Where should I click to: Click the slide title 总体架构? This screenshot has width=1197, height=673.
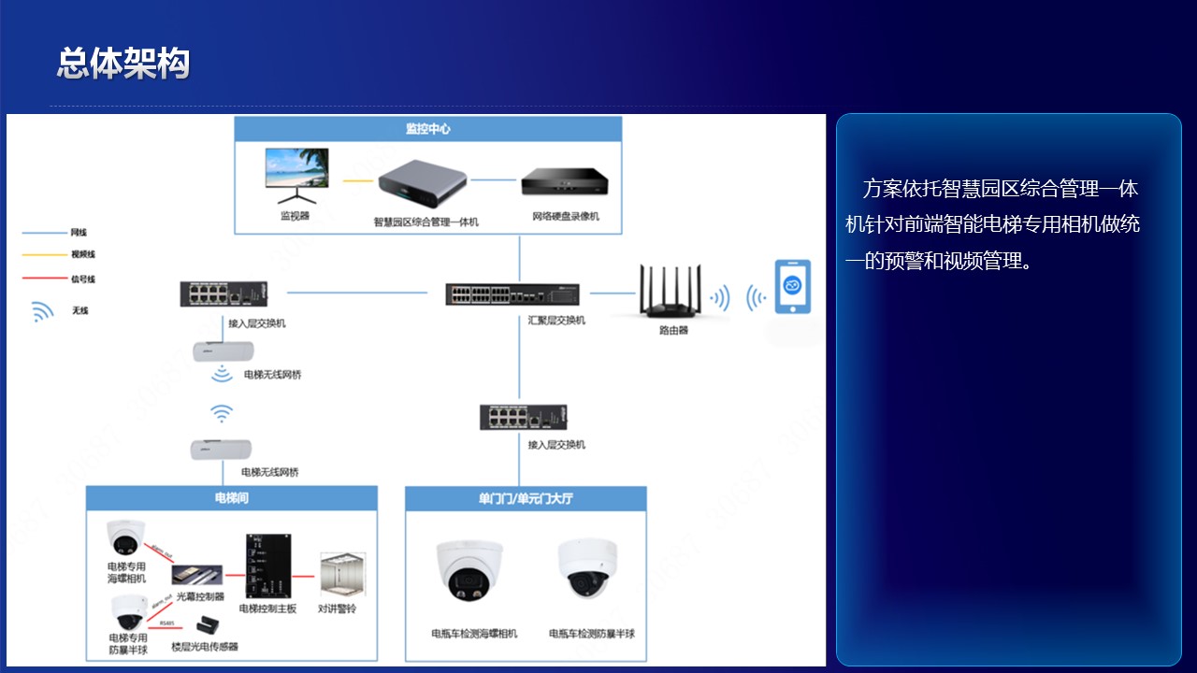pos(123,63)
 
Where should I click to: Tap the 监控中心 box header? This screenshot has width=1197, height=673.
pos(427,128)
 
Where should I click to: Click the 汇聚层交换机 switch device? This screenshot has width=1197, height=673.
pos(512,294)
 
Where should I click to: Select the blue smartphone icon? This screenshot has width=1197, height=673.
pos(792,287)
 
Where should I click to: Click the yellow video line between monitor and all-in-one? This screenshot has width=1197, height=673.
pos(357,179)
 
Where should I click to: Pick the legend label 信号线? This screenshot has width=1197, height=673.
pos(82,279)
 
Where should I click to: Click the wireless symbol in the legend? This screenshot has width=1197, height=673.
pos(43,311)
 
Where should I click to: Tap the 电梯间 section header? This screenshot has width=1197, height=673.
pos(231,498)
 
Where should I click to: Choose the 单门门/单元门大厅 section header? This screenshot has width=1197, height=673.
pos(525,498)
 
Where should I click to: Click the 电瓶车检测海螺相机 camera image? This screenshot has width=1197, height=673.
pos(469,571)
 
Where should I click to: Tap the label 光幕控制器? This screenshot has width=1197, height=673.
pos(200,596)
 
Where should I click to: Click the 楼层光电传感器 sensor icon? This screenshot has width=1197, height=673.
pos(203,624)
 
